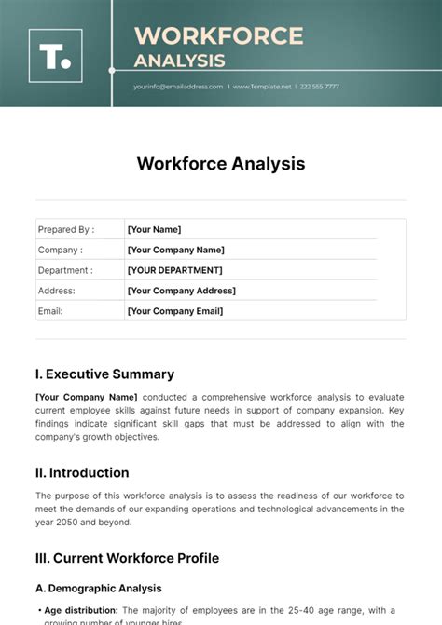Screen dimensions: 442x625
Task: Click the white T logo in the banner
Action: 55,55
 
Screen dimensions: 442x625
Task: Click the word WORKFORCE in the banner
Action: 219,36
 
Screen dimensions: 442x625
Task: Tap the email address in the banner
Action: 178,87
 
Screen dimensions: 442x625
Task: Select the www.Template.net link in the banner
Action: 261,87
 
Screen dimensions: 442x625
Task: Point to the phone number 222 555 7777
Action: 319,87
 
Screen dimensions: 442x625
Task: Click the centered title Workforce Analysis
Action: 221,163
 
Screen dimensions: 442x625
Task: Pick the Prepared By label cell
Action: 65,229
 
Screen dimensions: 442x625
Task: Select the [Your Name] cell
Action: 154,229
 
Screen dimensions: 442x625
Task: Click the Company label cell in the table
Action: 60,250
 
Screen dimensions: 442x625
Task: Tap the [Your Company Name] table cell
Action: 175,250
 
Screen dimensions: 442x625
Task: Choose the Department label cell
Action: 65,270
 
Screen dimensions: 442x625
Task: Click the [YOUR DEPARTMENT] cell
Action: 174,270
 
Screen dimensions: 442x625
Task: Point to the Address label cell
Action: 57,291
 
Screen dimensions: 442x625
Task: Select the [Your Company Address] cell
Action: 181,291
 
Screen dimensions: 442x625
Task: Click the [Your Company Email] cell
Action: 174,311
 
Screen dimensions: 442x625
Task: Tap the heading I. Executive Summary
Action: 104,374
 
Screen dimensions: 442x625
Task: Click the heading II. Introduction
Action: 82,472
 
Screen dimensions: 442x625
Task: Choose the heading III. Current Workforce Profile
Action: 127,558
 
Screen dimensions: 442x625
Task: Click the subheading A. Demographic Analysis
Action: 99,588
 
